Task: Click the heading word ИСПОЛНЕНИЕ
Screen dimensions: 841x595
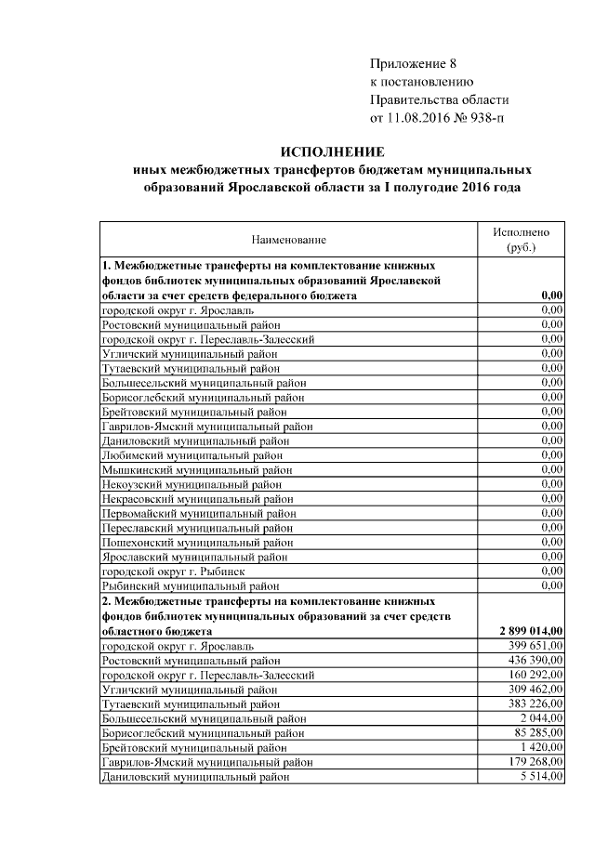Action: coord(332,151)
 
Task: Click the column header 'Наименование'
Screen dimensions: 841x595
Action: coord(288,239)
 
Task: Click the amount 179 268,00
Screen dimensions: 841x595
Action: coord(535,761)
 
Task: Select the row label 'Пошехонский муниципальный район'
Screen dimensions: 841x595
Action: coord(198,543)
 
